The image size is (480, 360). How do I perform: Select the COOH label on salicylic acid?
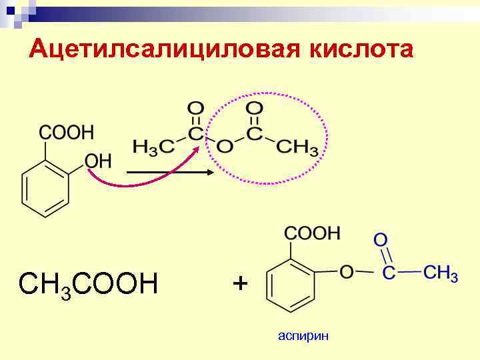[x=67, y=131]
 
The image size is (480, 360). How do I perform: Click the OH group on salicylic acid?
[x=97, y=161]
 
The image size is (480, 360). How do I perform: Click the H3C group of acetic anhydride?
[x=149, y=145]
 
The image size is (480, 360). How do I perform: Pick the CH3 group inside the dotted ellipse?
[x=297, y=145]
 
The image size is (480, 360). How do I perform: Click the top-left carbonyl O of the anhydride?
[x=196, y=108]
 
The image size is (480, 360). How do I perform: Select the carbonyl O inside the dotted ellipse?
[x=254, y=108]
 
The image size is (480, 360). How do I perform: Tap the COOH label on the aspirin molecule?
[x=313, y=233]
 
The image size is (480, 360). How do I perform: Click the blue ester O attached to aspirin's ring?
[x=346, y=272]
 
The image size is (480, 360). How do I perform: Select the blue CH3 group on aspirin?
[x=441, y=273]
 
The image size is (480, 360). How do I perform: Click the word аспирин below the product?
[x=303, y=336]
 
